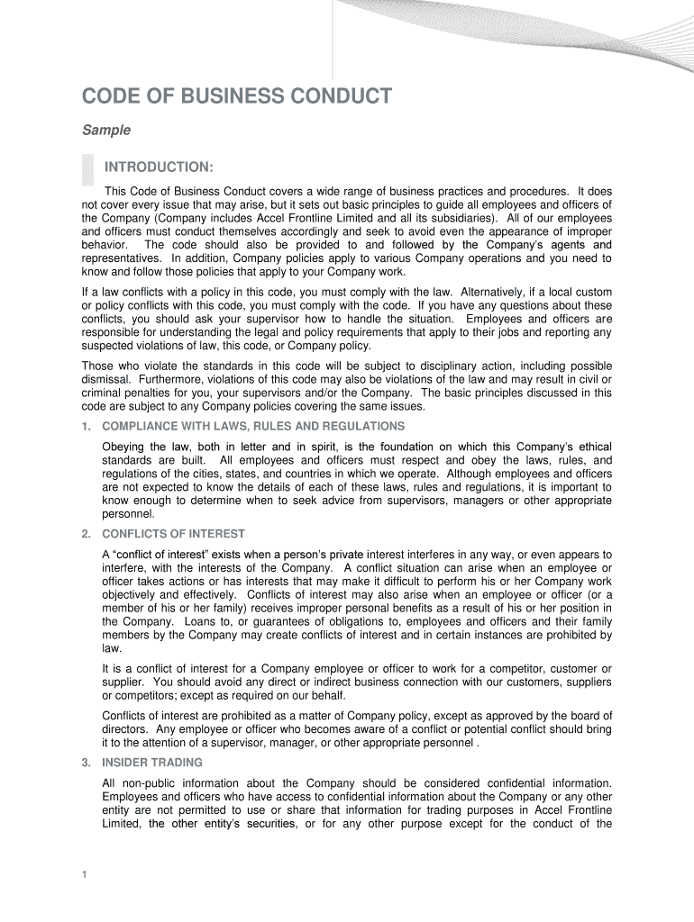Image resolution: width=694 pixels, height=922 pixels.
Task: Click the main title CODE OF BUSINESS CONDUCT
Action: coord(237,96)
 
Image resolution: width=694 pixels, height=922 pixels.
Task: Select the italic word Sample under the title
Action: coord(106,131)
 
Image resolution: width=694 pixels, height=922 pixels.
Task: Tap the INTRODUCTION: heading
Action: coord(159,167)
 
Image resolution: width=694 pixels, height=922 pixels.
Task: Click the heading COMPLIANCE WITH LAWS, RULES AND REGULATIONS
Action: coord(253,426)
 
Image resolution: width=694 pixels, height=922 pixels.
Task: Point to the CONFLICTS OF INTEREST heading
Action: coord(174,534)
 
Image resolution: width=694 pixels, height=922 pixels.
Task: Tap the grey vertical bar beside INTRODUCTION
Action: coord(87,172)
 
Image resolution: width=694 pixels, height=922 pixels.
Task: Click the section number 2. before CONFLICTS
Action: coord(86,534)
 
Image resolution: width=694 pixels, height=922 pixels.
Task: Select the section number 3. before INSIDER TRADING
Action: coord(86,763)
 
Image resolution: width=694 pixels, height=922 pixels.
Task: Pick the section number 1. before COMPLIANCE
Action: coord(86,426)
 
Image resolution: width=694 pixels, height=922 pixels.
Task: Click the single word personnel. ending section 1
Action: coord(129,514)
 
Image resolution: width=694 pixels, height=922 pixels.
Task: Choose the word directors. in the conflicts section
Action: coord(125,729)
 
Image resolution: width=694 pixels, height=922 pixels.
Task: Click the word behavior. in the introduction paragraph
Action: coord(105,245)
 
